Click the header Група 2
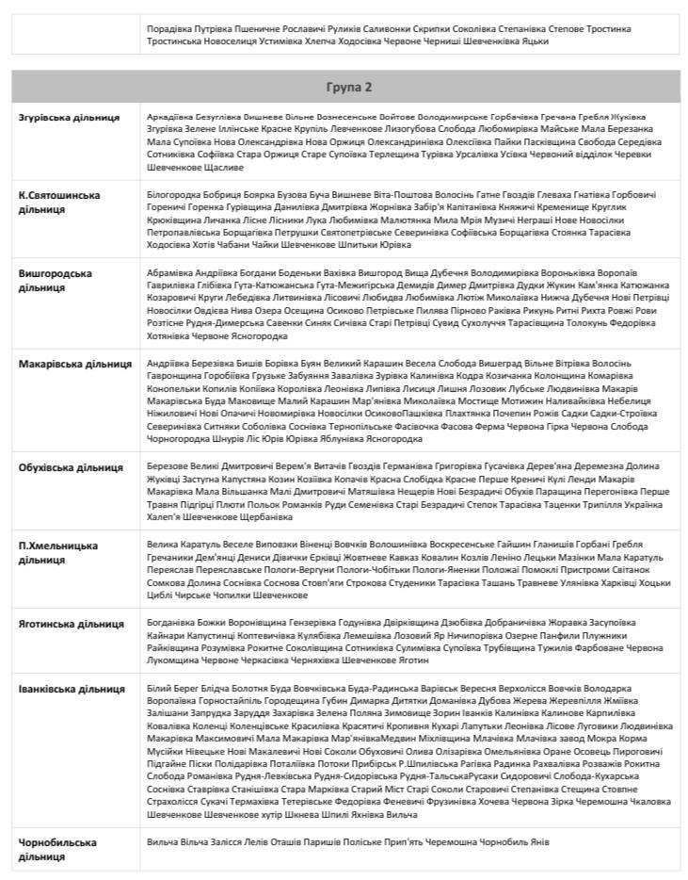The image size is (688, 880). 349,87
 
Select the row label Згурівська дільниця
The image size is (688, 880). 69,118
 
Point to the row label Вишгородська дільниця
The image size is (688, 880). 56,280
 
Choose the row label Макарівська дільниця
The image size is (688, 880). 75,364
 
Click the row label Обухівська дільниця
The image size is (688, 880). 71,467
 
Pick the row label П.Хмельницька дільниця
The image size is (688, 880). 58,553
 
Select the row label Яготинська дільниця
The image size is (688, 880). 71,624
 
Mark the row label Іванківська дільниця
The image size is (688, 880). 72,689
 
